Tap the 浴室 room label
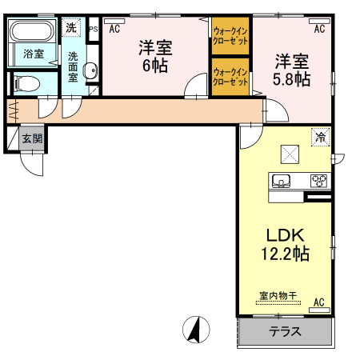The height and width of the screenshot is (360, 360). point(33,54)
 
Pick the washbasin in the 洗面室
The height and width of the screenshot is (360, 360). point(90,70)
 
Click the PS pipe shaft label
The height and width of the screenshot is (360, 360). point(93,30)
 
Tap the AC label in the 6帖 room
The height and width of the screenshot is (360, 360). point(114,29)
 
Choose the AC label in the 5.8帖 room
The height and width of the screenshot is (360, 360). point(318,29)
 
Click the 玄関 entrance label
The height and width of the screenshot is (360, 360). point(32,138)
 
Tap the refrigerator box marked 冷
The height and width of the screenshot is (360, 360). point(320,138)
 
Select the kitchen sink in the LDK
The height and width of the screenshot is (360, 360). point(282,180)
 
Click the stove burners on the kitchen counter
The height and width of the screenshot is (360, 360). point(318,180)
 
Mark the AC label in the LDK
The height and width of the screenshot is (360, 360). point(318,302)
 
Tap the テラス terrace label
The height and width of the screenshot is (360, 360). point(284,332)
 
